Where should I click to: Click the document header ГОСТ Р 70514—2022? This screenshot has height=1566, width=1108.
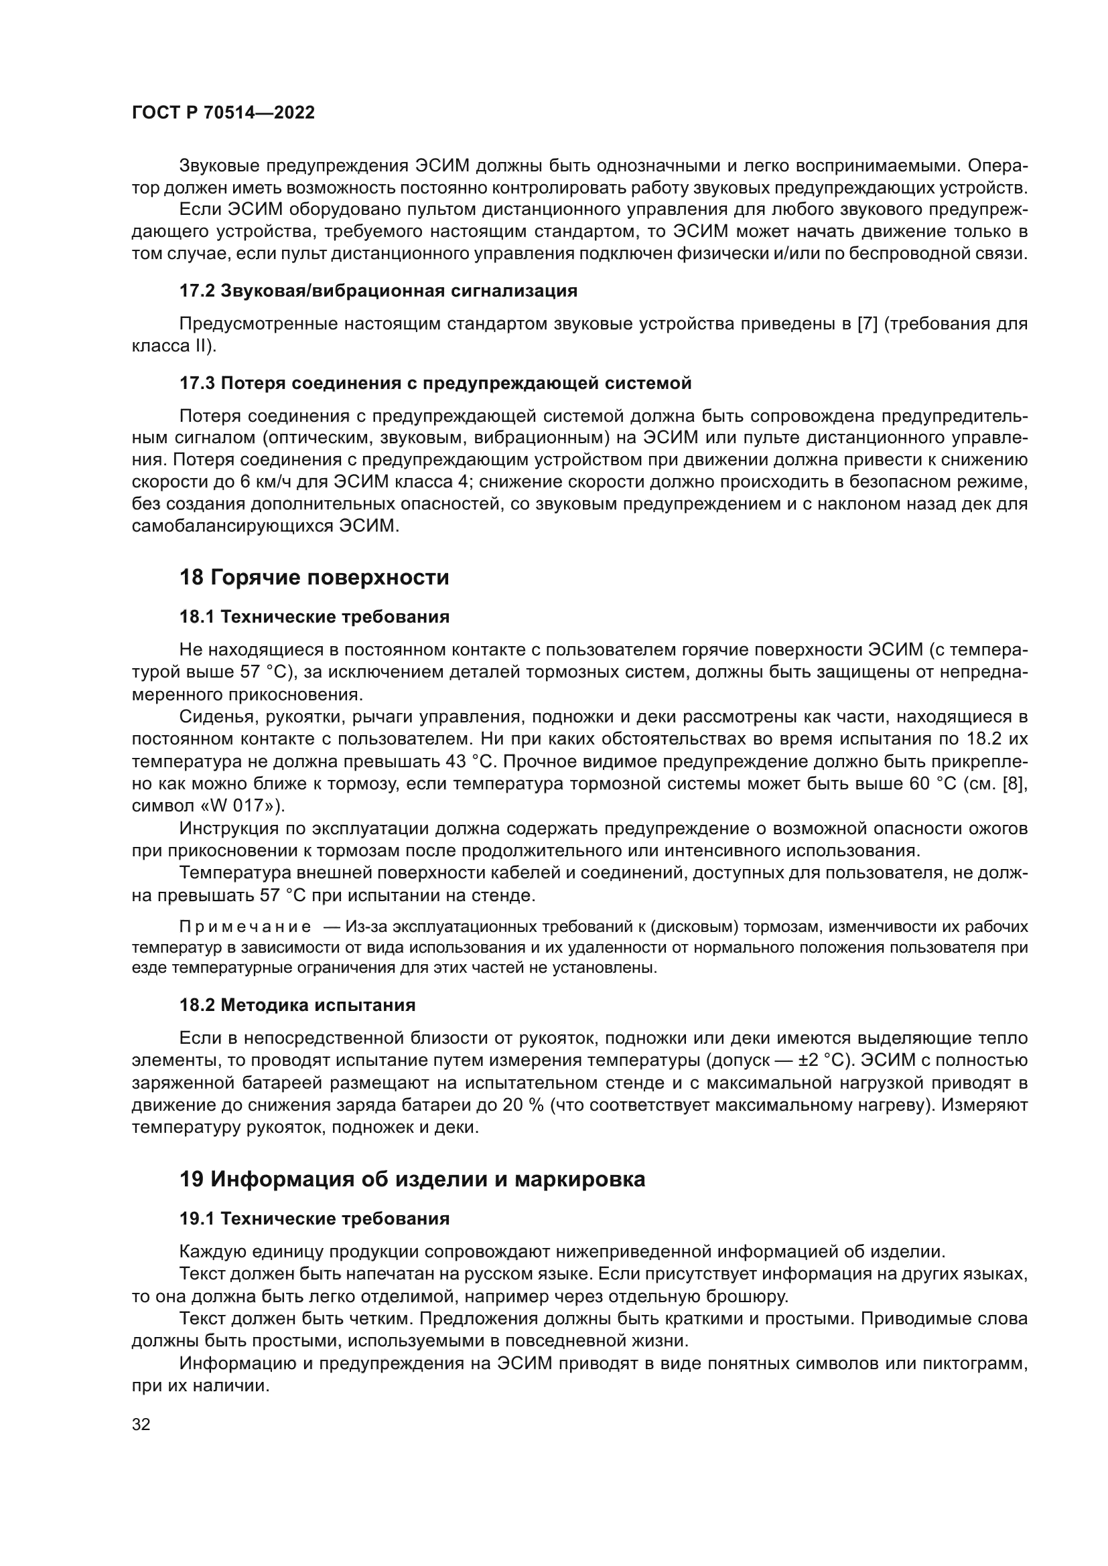[x=223, y=113]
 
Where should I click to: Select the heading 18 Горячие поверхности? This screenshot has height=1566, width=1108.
[x=314, y=578]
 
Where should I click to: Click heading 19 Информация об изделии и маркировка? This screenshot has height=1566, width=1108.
[x=412, y=1179]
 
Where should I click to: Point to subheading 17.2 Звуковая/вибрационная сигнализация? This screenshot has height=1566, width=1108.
[x=378, y=291]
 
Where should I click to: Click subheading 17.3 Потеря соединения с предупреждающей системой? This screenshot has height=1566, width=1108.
[x=435, y=384]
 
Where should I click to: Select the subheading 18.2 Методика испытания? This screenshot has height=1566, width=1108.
[x=297, y=1006]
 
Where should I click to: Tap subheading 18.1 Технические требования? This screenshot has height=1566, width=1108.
[x=315, y=617]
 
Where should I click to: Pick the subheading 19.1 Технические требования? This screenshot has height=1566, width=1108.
[x=315, y=1219]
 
